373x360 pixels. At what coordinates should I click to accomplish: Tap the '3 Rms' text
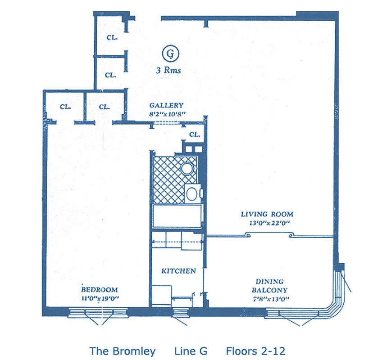[x=168, y=71]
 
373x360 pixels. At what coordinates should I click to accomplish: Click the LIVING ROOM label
[x=267, y=214]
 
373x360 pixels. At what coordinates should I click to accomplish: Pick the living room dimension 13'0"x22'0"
[x=267, y=222]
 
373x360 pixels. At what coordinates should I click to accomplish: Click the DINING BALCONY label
[x=269, y=286]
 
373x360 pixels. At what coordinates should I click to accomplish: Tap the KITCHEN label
[x=178, y=271]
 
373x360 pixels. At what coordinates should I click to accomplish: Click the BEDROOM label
[x=100, y=290]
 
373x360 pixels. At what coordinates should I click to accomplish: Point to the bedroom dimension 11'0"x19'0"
[x=100, y=298]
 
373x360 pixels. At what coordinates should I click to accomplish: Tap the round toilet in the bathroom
[x=187, y=168]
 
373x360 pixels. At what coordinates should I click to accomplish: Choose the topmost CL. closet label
[x=112, y=38]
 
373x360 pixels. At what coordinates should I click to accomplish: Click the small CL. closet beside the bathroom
[x=195, y=134]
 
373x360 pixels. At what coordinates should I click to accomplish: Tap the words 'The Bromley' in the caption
[x=123, y=351]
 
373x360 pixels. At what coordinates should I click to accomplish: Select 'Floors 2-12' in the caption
[x=255, y=351]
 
